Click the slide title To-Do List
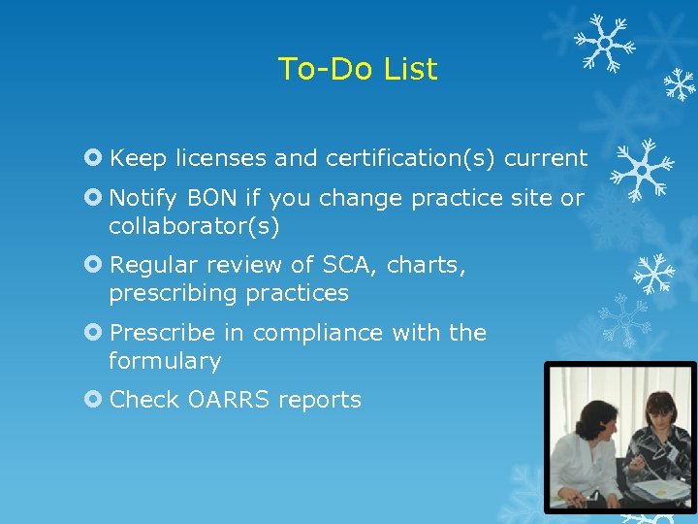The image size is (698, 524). [x=357, y=69]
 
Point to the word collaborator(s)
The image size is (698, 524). [x=194, y=226]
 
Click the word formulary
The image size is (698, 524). [x=165, y=361]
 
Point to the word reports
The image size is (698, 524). [x=324, y=400]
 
